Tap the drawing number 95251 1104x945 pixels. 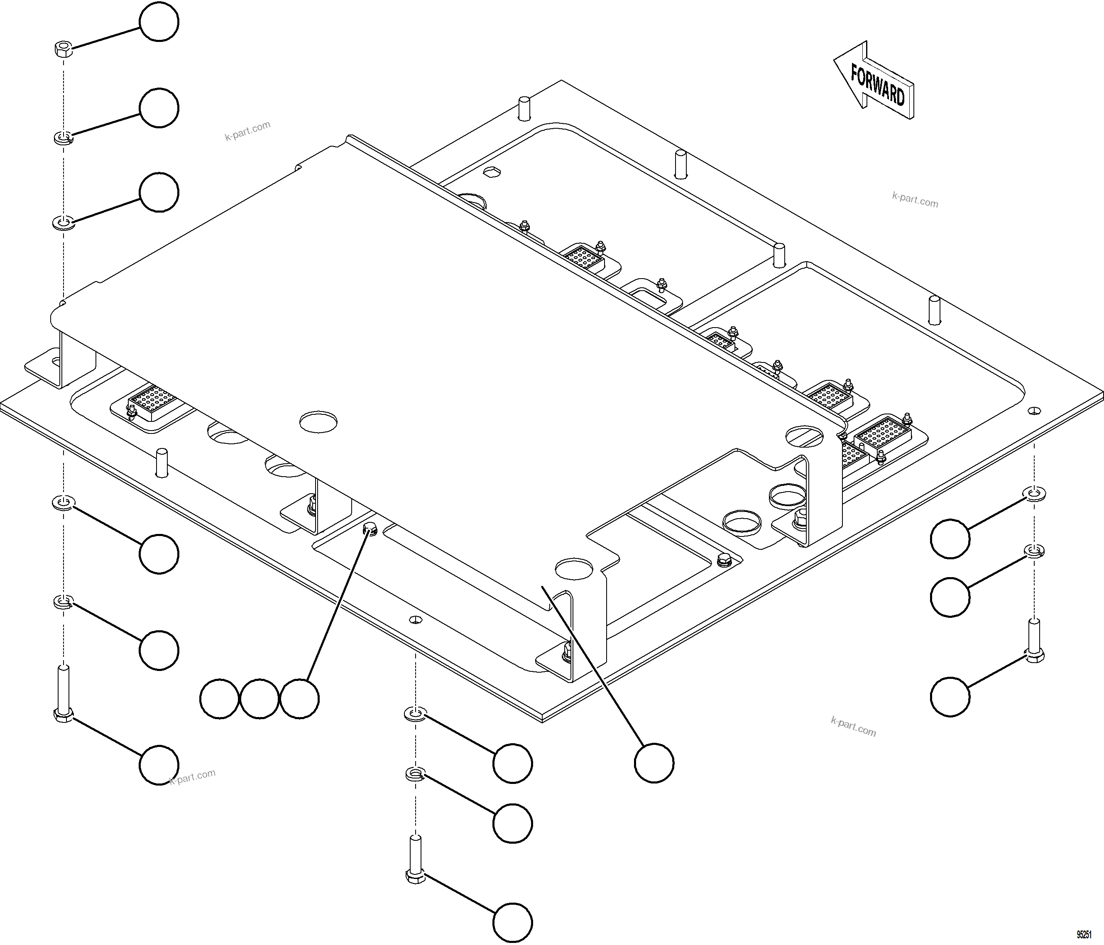(x=1084, y=934)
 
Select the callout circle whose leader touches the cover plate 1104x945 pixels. (x=654, y=763)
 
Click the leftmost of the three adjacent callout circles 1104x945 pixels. (x=219, y=699)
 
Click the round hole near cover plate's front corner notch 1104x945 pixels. (x=573, y=569)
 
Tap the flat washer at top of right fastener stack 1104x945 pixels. (x=1034, y=493)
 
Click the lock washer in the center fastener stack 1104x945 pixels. (x=415, y=774)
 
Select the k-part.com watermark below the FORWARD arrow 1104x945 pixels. (x=915, y=200)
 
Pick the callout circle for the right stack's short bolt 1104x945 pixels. (x=950, y=696)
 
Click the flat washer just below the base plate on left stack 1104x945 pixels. (x=64, y=502)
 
